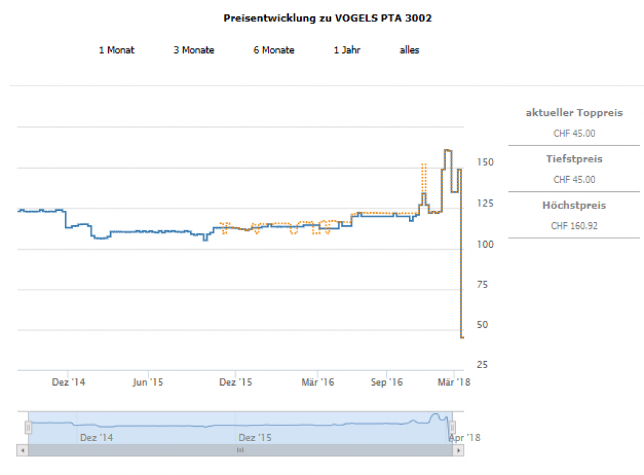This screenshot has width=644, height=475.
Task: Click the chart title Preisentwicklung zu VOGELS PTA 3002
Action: click(x=328, y=18)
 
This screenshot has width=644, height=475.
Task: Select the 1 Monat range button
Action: click(x=116, y=50)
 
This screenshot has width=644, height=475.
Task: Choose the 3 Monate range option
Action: click(x=194, y=50)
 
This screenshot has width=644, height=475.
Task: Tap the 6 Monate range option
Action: click(x=274, y=50)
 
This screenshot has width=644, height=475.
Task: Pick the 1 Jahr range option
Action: click(x=347, y=50)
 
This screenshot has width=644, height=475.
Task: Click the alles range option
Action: click(x=409, y=50)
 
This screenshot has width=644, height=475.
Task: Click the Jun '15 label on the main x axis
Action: click(x=148, y=382)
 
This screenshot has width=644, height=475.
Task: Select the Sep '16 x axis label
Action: click(x=386, y=382)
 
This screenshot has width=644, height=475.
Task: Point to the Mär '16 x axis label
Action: click(x=318, y=382)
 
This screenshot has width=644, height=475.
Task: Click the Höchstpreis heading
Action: click(x=574, y=205)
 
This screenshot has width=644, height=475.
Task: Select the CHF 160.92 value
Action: click(x=574, y=225)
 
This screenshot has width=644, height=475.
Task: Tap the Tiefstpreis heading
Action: click(x=574, y=159)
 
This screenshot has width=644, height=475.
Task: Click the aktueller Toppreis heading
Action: click(x=574, y=113)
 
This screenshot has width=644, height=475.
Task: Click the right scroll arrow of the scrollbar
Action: click(x=460, y=450)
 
